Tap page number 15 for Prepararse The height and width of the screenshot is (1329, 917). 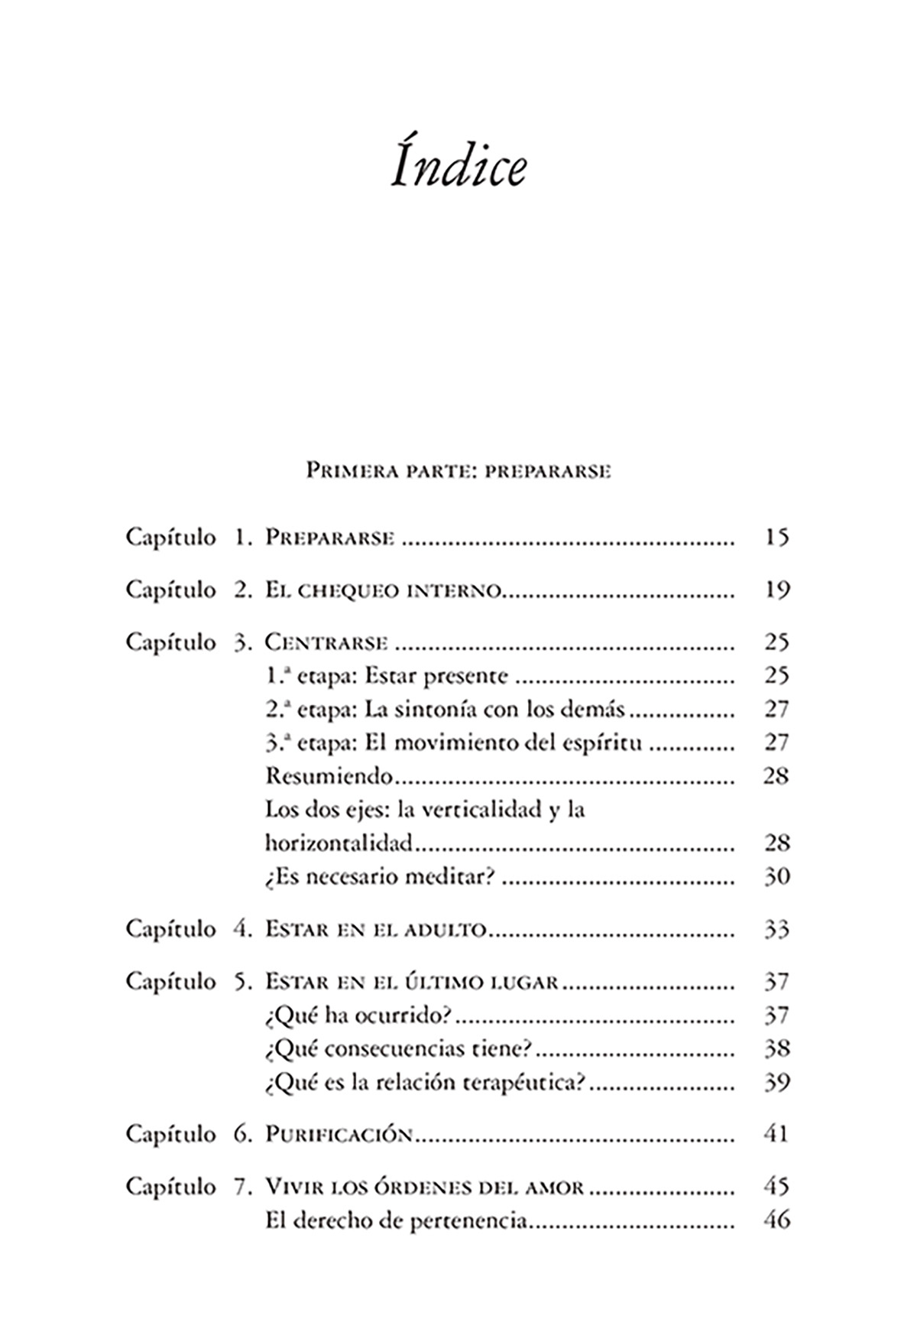point(776,538)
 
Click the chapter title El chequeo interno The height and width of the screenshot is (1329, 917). point(383,590)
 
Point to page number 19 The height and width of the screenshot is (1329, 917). point(776,590)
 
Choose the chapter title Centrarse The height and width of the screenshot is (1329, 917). point(326,642)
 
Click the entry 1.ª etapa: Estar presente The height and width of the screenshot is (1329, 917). point(386,676)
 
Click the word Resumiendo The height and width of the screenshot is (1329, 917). point(329,776)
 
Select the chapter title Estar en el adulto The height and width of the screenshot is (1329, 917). point(376,930)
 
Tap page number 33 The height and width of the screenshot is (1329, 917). point(776,930)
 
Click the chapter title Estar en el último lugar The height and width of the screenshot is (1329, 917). point(412,982)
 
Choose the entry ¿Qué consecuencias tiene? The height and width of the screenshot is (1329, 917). point(399,1048)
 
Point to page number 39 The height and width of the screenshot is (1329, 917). point(776,1082)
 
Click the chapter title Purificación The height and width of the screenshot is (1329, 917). point(339,1134)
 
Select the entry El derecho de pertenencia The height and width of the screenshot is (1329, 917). point(397,1221)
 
